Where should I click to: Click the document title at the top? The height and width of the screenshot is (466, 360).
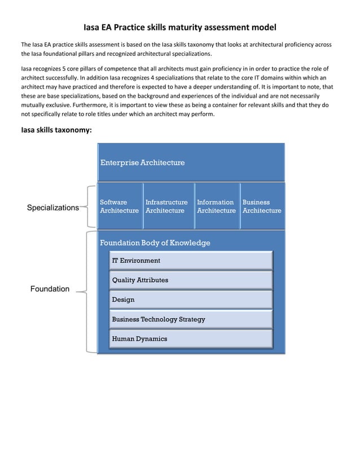[180, 27]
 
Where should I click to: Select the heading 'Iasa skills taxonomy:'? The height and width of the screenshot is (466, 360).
[56, 130]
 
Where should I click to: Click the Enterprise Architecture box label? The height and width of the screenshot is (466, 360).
[142, 162]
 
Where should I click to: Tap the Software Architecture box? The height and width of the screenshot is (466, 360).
[119, 206]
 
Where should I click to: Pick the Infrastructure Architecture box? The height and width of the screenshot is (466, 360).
[166, 206]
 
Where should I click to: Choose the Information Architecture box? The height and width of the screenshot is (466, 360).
[216, 206]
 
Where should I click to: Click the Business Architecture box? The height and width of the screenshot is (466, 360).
[262, 206]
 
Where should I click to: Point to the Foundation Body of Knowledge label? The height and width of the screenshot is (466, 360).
[155, 243]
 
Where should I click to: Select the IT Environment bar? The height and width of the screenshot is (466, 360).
[191, 261]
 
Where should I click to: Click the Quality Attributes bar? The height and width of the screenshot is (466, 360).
[191, 280]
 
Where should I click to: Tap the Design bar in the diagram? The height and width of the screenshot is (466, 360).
[191, 300]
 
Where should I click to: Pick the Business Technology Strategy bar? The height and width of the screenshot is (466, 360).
[191, 319]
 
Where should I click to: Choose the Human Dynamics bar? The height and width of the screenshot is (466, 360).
[191, 339]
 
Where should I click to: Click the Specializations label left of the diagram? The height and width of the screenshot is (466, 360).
[53, 208]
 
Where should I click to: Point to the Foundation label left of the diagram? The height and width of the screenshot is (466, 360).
[50, 289]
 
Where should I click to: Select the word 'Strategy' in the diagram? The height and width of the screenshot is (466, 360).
[192, 319]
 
